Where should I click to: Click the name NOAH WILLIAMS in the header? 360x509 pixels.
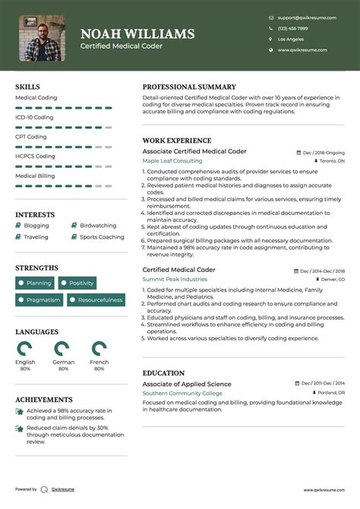137,34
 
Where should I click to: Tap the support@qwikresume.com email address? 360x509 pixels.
302,17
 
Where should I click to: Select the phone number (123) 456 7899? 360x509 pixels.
292,28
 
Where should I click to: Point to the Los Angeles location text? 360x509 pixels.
291,39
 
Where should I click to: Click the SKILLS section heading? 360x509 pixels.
27,87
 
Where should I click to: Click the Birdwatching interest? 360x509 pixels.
98,226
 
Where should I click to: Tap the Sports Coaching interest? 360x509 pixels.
102,237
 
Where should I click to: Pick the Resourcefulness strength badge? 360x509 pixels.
96,300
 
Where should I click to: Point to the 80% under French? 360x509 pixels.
99,369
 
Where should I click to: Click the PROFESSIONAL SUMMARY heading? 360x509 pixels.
189,87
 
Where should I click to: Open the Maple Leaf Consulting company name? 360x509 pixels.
172,161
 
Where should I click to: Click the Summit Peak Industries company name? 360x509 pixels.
175,280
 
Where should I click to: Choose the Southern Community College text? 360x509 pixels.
182,394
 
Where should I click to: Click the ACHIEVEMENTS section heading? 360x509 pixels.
44,400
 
